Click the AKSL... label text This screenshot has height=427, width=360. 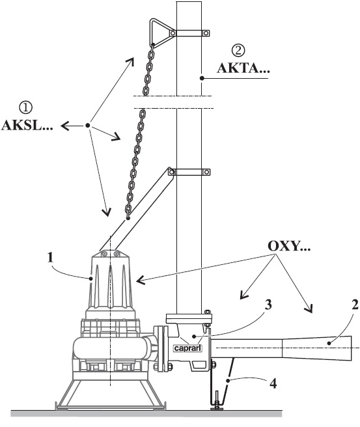(x=27, y=126)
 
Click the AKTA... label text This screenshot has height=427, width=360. (x=243, y=68)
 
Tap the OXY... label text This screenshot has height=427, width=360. (x=289, y=246)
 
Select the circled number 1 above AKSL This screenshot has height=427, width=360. (x=26, y=108)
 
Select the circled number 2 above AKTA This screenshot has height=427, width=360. (x=238, y=50)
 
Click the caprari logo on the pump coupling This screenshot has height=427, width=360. (x=188, y=348)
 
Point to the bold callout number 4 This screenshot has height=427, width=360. (x=273, y=383)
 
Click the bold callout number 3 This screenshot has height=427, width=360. (x=268, y=305)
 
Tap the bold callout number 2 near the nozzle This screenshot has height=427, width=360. (x=355, y=305)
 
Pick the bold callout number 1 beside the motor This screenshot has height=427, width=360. (x=50, y=257)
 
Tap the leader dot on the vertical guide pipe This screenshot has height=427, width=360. (x=202, y=78)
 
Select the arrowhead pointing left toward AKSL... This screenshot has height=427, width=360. (x=65, y=126)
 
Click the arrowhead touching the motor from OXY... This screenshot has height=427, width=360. (x=141, y=280)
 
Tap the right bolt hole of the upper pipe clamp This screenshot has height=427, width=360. (x=206, y=33)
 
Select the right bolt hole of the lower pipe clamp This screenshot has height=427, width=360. (x=206, y=172)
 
